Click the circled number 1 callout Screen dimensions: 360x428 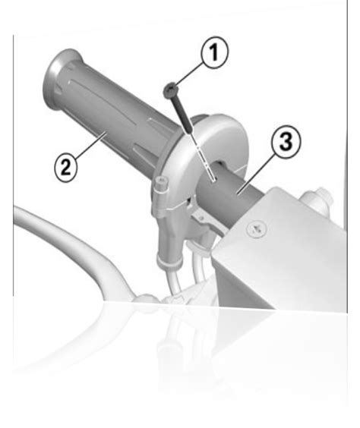pyautogui.click(x=214, y=52)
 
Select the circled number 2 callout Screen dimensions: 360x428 pyautogui.click(x=65, y=166)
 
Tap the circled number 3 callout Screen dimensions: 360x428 pyautogui.click(x=286, y=142)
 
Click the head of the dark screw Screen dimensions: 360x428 pyautogui.click(x=170, y=90)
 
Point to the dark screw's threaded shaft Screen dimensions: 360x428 pyautogui.click(x=182, y=115)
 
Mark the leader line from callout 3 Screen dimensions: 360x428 pyautogui.click(x=257, y=173)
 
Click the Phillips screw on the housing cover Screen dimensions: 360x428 pyautogui.click(x=256, y=229)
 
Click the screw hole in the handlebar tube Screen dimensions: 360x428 pyautogui.click(x=213, y=180)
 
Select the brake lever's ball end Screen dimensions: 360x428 pyautogui.click(x=146, y=298)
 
